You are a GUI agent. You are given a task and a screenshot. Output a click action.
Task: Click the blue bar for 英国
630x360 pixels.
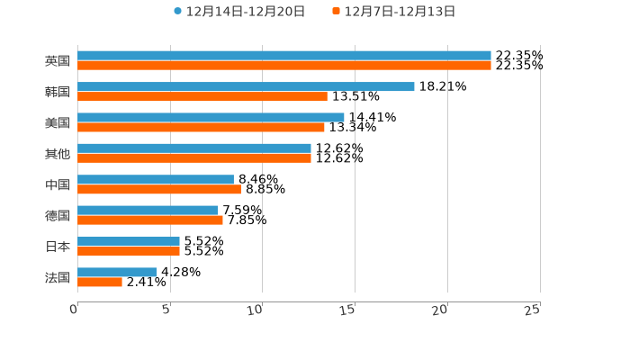(x=284, y=56)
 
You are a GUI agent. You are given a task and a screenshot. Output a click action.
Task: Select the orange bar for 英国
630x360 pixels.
(x=284, y=66)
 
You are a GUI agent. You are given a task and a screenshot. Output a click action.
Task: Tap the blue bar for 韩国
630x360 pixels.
(x=246, y=86)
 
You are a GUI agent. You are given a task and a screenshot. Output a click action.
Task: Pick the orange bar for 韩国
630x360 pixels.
(x=202, y=96)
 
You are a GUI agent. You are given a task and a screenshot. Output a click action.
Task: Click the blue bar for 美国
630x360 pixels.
(x=211, y=117)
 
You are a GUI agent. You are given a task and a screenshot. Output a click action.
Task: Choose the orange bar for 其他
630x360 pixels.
(x=194, y=158)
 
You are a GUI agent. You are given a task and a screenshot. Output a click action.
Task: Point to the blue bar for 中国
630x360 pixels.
(x=156, y=179)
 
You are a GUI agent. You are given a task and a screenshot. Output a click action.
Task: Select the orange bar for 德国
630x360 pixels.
(x=150, y=220)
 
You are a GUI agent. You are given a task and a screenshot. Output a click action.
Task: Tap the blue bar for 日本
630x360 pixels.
(x=129, y=241)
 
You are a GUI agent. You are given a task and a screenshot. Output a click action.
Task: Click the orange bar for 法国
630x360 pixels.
(x=100, y=283)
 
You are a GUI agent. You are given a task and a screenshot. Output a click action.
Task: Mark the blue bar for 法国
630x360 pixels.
(x=117, y=272)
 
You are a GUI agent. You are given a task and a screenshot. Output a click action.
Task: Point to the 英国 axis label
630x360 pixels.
(x=58, y=61)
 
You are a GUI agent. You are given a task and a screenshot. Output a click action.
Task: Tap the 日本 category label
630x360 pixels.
(x=58, y=247)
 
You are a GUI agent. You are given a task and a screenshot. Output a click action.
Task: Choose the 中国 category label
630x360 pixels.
(x=58, y=184)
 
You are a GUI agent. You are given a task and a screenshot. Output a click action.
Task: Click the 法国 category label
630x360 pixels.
(x=58, y=277)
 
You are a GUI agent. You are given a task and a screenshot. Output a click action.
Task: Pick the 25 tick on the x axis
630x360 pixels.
(x=533, y=310)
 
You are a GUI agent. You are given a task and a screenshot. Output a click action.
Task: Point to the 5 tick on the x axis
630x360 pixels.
(x=166, y=310)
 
